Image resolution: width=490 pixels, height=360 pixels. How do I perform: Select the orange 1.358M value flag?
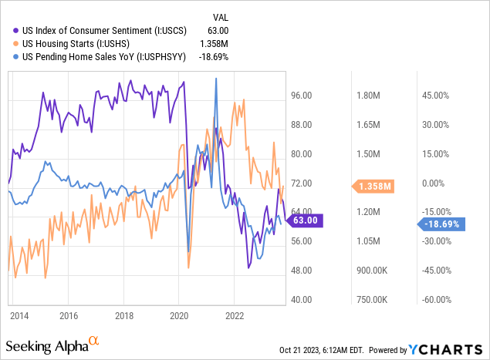tap(376, 186)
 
